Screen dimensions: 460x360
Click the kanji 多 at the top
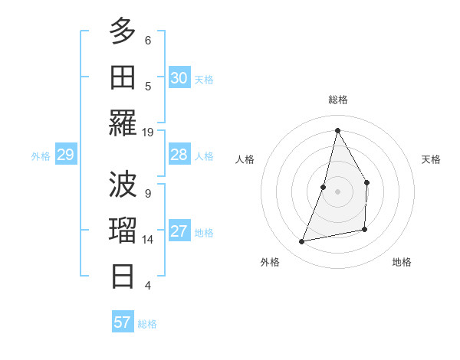(123, 31)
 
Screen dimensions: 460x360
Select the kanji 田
(123, 76)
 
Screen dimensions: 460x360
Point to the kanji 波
(123, 184)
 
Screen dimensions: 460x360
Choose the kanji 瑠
(123, 230)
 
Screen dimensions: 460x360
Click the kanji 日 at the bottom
(123, 275)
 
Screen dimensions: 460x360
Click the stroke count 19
(148, 132)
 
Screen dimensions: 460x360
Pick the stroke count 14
(148, 240)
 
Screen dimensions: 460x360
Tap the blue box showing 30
(179, 78)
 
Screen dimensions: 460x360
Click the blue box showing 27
(179, 232)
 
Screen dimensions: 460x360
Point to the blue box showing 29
(65, 155)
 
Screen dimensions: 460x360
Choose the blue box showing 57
(123, 322)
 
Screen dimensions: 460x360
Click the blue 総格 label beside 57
(147, 324)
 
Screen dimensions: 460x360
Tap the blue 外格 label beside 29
(41, 156)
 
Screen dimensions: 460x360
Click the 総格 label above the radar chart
(337, 100)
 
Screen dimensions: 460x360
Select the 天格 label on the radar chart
(432, 159)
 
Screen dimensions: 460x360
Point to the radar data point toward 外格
(302, 242)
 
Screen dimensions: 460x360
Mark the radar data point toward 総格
(337, 130)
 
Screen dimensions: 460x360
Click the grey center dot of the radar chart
(337, 191)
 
